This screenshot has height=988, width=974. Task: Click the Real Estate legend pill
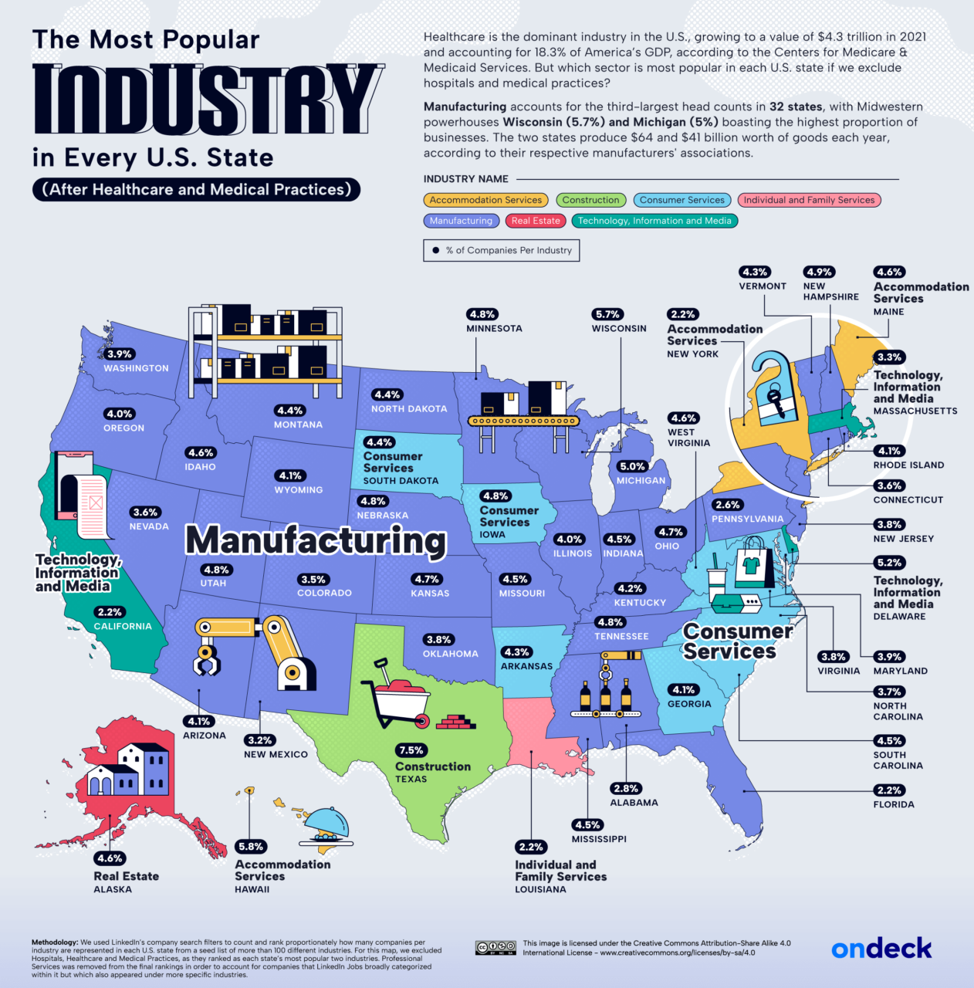click(x=536, y=221)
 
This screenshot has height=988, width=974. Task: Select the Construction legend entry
click(x=590, y=200)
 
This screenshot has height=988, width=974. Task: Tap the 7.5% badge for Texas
click(x=411, y=750)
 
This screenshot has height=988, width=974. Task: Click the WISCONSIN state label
click(x=619, y=328)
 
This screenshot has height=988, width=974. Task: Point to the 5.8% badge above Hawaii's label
click(x=251, y=847)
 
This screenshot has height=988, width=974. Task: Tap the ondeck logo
click(x=881, y=949)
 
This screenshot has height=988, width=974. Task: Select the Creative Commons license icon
click(x=495, y=948)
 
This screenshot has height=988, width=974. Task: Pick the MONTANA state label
click(x=298, y=425)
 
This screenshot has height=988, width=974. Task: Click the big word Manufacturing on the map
click(x=316, y=540)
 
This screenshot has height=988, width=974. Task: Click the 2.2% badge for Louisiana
click(x=532, y=847)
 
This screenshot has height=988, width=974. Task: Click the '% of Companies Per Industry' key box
click(x=501, y=250)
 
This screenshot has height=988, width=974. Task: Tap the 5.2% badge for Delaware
click(x=889, y=563)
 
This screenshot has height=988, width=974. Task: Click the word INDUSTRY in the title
click(x=207, y=99)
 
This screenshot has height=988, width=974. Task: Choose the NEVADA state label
click(x=149, y=526)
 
